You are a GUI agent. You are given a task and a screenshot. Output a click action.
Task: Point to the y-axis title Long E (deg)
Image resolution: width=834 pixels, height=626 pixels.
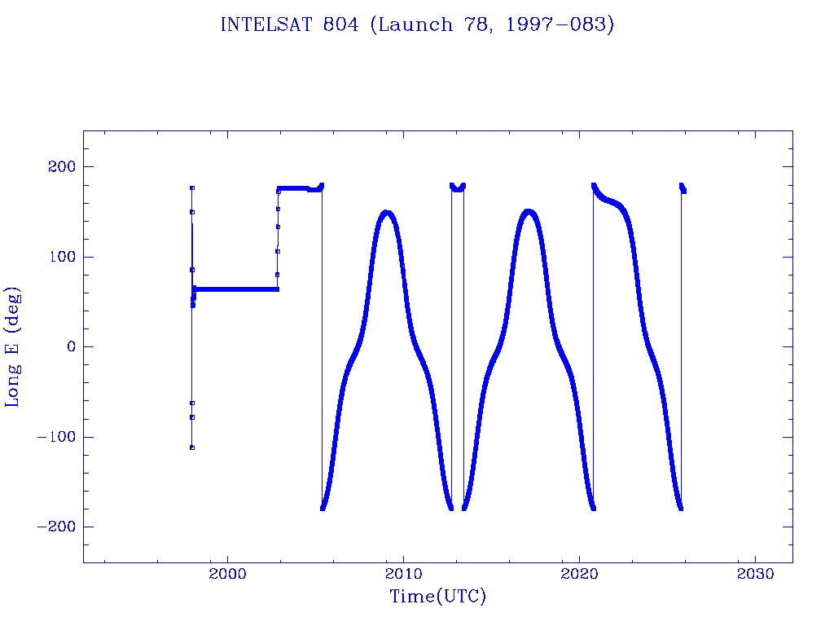click(x=13, y=346)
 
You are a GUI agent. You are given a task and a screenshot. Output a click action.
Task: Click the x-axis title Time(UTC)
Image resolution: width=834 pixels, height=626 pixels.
click(x=437, y=597)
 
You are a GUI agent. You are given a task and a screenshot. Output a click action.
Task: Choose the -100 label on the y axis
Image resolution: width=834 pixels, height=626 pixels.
click(x=55, y=437)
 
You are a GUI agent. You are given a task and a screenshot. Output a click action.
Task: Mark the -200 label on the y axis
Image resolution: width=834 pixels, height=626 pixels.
click(x=55, y=527)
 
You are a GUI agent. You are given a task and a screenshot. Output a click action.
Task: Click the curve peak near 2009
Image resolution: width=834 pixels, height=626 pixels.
click(x=387, y=213)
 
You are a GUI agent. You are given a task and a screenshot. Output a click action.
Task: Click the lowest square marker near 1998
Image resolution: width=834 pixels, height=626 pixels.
click(x=192, y=447)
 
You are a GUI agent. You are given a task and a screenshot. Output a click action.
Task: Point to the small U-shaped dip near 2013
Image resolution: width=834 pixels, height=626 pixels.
click(x=458, y=189)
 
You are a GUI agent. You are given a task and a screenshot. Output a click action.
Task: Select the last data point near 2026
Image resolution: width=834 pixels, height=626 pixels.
click(x=684, y=192)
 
